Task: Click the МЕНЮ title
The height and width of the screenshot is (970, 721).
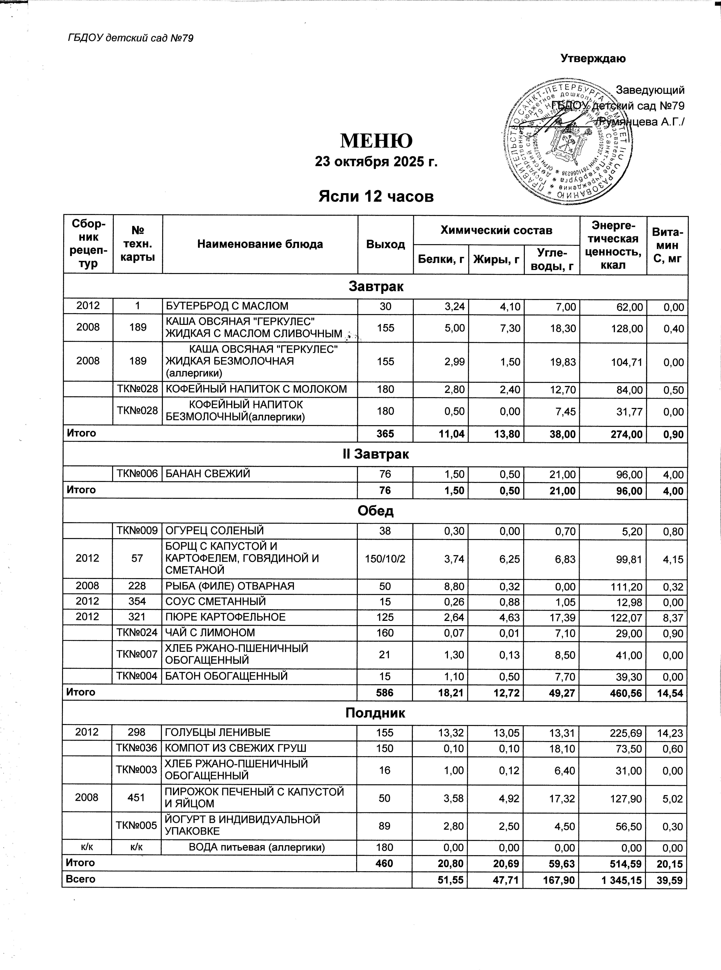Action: (376, 140)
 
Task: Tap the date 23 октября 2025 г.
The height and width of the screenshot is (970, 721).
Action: (376, 162)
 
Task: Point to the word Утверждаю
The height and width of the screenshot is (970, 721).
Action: (593, 58)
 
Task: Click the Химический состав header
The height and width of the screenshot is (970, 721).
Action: (496, 230)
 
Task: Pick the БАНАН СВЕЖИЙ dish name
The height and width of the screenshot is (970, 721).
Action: (207, 474)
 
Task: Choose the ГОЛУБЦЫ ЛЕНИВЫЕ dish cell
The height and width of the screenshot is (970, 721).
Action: (217, 732)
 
